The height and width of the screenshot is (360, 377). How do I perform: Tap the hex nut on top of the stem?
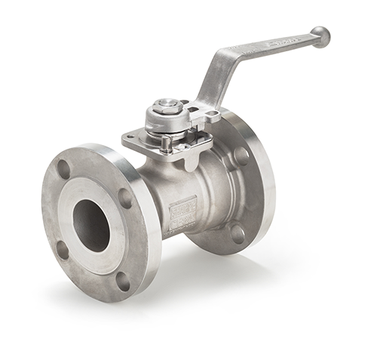165,106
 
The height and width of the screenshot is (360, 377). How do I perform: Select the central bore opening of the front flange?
91,225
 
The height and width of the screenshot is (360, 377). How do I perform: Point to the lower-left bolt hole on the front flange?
63,249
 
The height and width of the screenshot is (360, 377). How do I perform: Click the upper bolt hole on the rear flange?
241,156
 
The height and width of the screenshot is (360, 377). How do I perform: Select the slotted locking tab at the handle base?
206,114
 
